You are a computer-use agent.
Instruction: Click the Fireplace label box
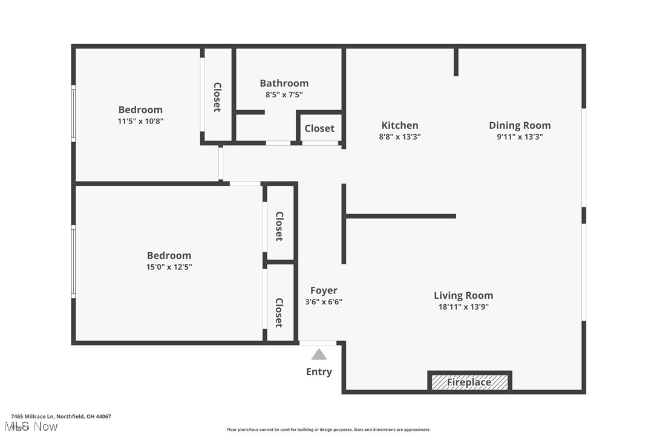[x=469, y=382]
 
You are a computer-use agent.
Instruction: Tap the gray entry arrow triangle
[x=319, y=355]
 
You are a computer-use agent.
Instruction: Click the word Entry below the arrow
[x=319, y=371]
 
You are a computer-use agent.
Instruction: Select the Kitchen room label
[x=399, y=125]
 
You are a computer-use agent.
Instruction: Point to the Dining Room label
[x=520, y=125]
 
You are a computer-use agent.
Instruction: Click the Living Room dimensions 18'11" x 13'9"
[x=463, y=307]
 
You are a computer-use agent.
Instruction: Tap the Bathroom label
[x=284, y=83]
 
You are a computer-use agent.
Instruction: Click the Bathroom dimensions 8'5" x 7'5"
[x=284, y=94]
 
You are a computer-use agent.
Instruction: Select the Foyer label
[x=324, y=290]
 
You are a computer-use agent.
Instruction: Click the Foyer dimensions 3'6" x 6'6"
[x=324, y=302]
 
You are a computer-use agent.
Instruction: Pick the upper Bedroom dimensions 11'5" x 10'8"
[x=140, y=121]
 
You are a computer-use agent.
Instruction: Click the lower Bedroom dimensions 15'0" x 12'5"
[x=169, y=267]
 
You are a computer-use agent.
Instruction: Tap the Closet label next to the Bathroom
[x=319, y=128]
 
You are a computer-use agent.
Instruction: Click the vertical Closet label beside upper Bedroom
[x=217, y=97]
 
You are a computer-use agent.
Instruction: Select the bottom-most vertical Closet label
[x=279, y=312]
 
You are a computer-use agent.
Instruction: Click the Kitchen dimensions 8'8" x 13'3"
[x=399, y=137]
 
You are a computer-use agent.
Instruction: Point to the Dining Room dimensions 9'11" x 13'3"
[x=520, y=137]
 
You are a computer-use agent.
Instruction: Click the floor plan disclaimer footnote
[x=328, y=430]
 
